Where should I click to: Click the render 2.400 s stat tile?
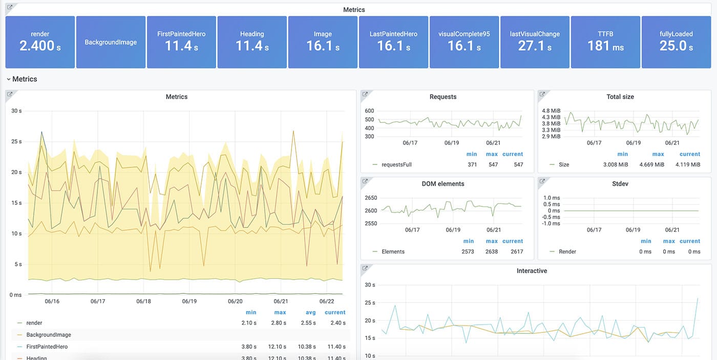[40, 42]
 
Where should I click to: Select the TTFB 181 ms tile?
[605, 42]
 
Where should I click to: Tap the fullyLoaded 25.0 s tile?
[676, 42]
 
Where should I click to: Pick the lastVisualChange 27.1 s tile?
[535, 42]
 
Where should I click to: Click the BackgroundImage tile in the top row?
[111, 42]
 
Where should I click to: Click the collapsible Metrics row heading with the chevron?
[22, 79]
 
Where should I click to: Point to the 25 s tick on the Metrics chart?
[16, 141]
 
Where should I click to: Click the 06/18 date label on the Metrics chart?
[143, 302]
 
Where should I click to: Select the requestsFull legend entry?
[397, 165]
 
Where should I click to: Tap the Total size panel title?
[620, 97]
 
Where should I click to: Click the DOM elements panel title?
[443, 184]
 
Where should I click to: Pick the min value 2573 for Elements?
[468, 252]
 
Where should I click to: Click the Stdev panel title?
[620, 184]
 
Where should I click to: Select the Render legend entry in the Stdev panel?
[567, 252]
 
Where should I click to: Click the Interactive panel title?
[532, 271]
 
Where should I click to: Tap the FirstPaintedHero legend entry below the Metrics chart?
[47, 347]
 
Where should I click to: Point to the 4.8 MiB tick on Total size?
[551, 111]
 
